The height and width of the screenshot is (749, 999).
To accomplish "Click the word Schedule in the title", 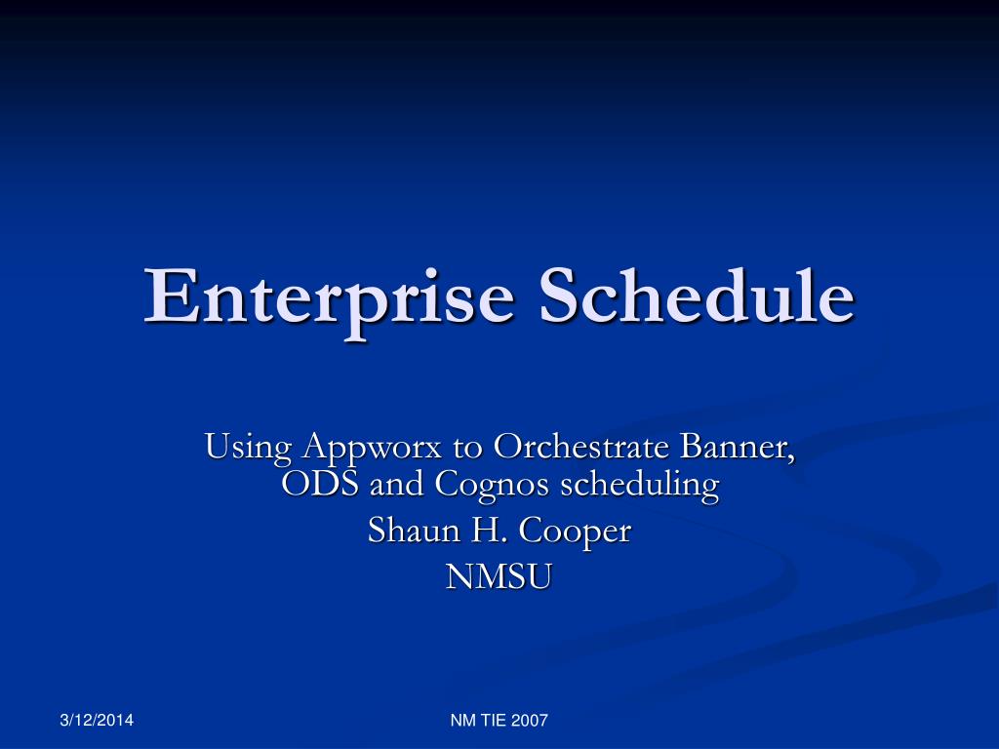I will coord(697,296).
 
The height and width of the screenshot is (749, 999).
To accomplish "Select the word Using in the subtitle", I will coord(248,449).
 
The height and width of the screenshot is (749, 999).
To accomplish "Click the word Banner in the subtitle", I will coord(737,447).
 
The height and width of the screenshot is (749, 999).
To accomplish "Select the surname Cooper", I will coord(575,532).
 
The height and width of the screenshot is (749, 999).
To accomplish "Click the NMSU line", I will coord(499,577).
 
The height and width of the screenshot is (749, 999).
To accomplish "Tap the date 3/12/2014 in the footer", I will coord(97,721).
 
